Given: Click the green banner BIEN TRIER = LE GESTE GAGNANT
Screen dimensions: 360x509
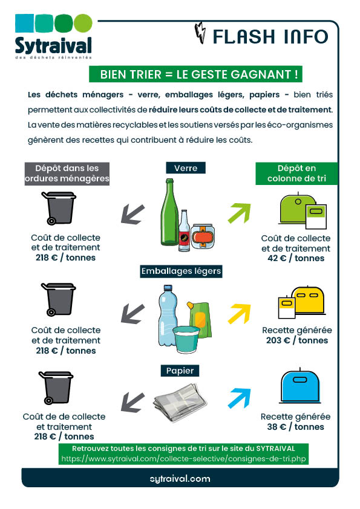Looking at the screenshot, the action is pos(195,74).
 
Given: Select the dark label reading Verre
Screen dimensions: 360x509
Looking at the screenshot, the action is pos(186,167).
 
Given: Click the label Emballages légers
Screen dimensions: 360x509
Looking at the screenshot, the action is pos(181,271).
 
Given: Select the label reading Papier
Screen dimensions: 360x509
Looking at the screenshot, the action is pos(180,370).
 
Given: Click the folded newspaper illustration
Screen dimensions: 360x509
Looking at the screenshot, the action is pos(180,400).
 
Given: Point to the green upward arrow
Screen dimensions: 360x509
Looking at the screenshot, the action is pos(239,213).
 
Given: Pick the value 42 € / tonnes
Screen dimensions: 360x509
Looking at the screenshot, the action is pos(296,258).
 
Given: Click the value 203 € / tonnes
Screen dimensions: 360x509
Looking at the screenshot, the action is pos(296,340).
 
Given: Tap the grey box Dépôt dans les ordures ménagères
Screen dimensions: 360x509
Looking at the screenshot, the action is pos(67,173).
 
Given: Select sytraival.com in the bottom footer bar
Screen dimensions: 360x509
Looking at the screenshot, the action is pos(180,478).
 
